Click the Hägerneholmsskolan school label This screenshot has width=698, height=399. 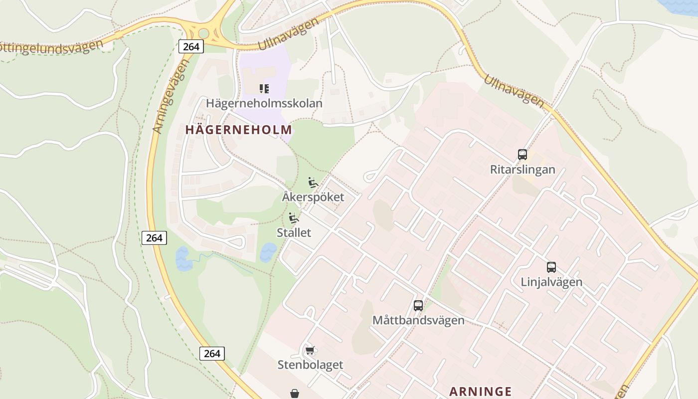pos(264,103)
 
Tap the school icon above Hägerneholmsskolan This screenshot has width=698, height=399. pos(264,89)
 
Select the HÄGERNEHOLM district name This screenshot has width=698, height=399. pos(238,130)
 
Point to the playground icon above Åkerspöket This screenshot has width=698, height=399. pos(313,183)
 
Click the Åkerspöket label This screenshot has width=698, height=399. pos(313,197)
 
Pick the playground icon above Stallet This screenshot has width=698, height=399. pos(294,218)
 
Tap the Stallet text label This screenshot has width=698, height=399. pos(294,232)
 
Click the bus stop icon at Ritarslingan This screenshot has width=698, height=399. pos(523,155)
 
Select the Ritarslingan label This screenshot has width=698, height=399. pos(523,170)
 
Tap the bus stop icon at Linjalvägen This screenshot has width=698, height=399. pos(551,267)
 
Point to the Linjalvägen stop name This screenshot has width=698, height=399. pos(551,282)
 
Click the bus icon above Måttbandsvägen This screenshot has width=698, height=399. pos(418,306)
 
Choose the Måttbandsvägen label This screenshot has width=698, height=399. pos(418,320)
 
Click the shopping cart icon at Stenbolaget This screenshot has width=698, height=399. pos(310,350)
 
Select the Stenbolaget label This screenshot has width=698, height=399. pos(310,365)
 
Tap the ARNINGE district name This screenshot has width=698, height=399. pos(481,391)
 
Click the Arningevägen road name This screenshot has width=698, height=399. pos(171,97)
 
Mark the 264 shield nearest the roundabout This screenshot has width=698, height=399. pos(191,47)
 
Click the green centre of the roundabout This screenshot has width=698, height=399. pos(203,33)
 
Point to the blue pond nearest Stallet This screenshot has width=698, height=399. pos(268,251)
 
